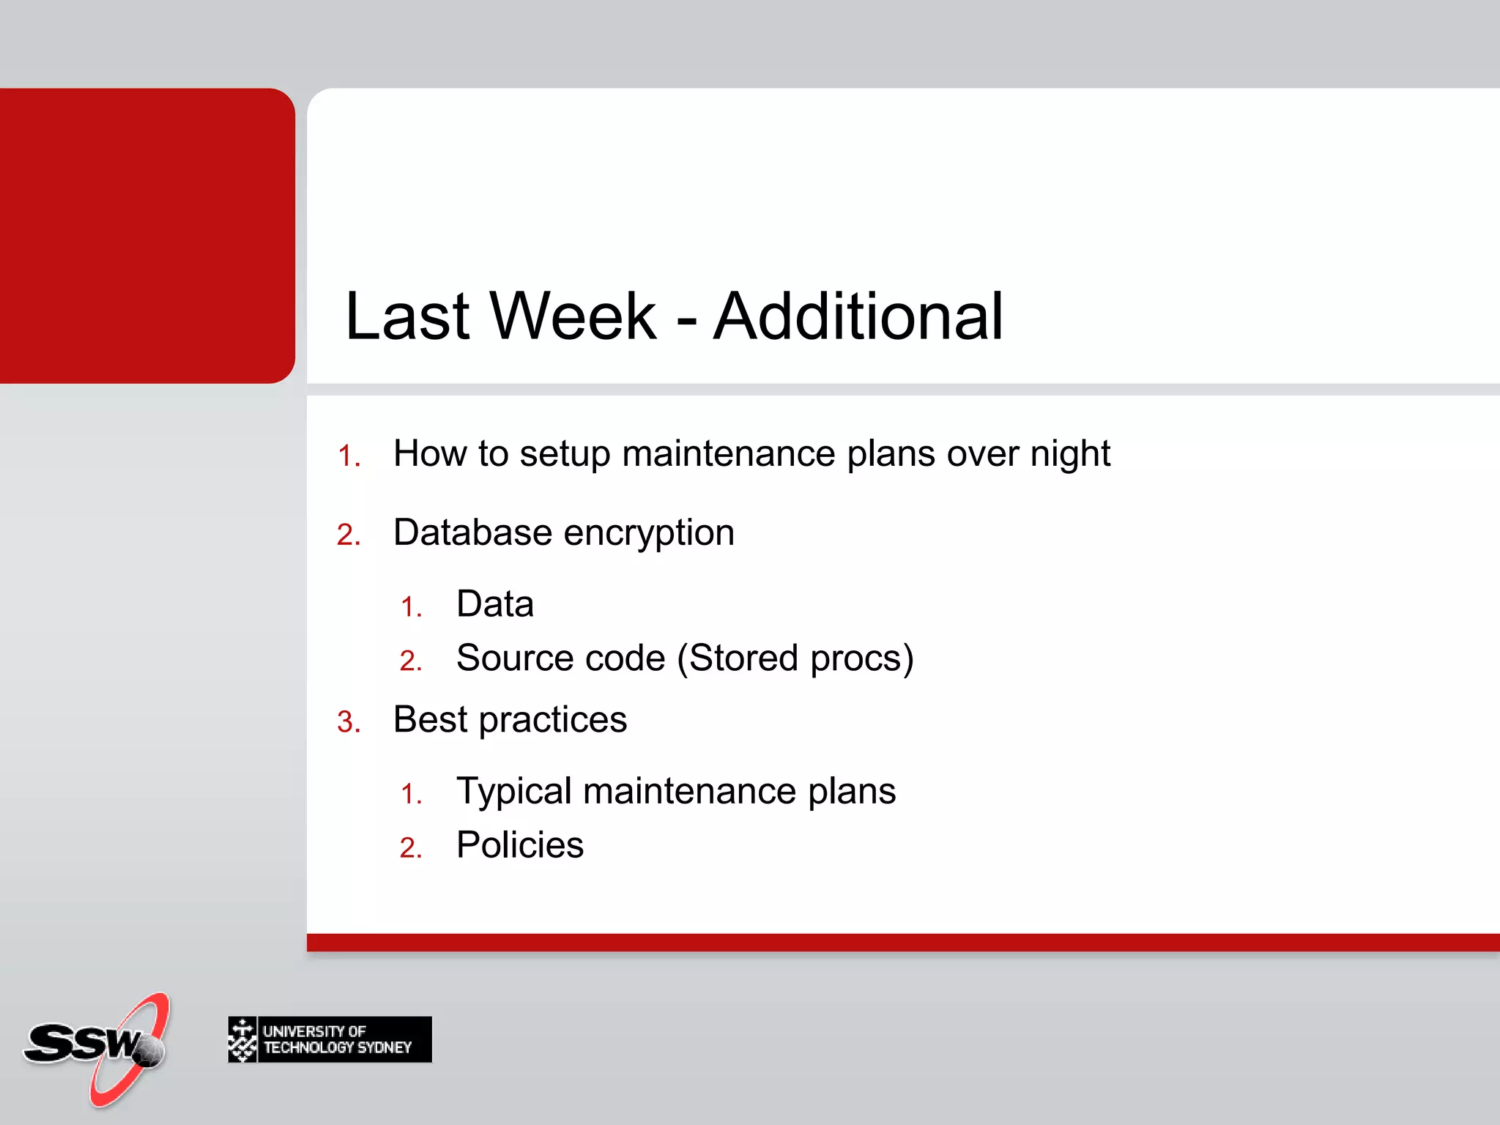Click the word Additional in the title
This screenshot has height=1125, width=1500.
858,316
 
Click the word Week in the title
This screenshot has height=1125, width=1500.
573,316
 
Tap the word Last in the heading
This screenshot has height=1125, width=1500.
407,316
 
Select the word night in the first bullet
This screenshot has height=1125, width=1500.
1070,454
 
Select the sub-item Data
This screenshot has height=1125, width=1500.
494,605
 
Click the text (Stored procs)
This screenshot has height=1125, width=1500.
795,658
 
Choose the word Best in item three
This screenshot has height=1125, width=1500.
430,719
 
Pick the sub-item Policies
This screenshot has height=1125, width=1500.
519,845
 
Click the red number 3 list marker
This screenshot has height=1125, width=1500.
347,723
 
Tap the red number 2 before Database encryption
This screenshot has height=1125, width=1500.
347,535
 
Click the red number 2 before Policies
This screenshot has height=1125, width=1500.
409,848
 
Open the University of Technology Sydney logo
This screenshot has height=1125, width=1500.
330,1039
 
